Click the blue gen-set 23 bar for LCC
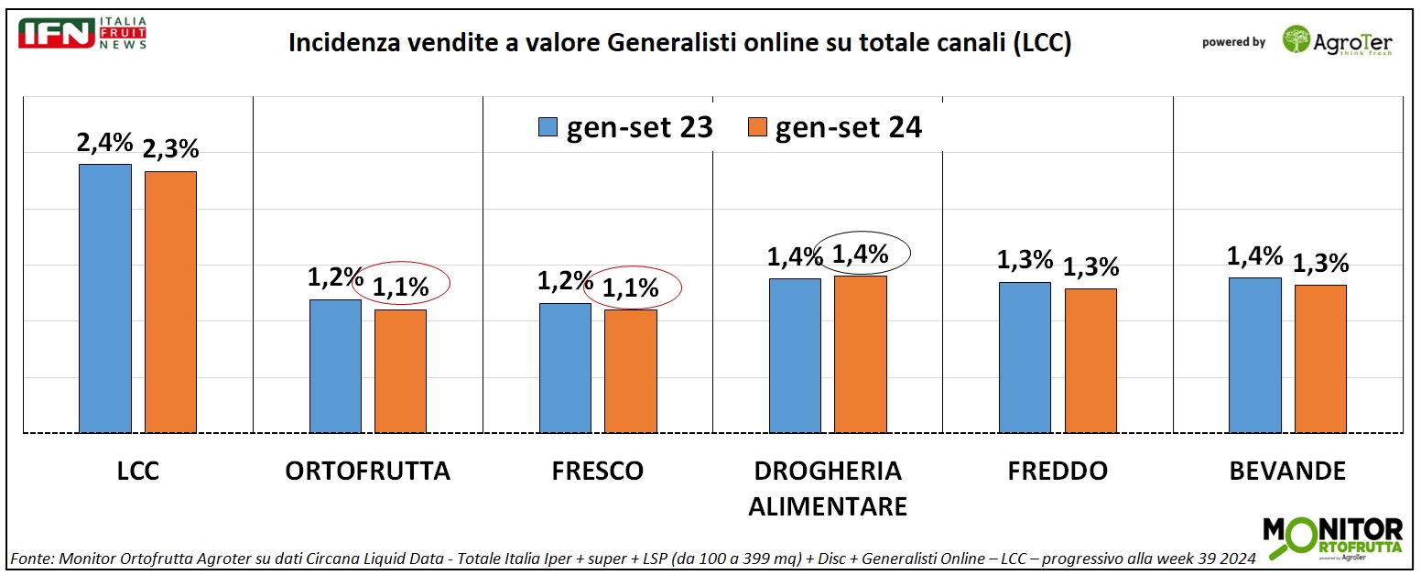pos(105,298)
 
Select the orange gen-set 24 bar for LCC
pos(170,302)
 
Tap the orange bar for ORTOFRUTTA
pos(400,371)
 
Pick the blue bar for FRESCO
pos(565,367)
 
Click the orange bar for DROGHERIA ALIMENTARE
pos(860,354)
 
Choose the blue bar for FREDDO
pos(1025,357)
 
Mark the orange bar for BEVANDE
pos(1319,359)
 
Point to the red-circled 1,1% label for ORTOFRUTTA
pos(401,287)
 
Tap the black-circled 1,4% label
pos(861,255)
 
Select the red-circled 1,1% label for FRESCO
pos(632,287)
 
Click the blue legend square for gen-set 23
pos(548,128)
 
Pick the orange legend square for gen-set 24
pos(756,128)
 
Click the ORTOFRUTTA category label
pos(368,472)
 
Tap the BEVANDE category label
pos(1287,472)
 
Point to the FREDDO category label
pos(1058,472)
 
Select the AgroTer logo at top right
pos(1338,40)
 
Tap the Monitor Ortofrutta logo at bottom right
pos(1332,538)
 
